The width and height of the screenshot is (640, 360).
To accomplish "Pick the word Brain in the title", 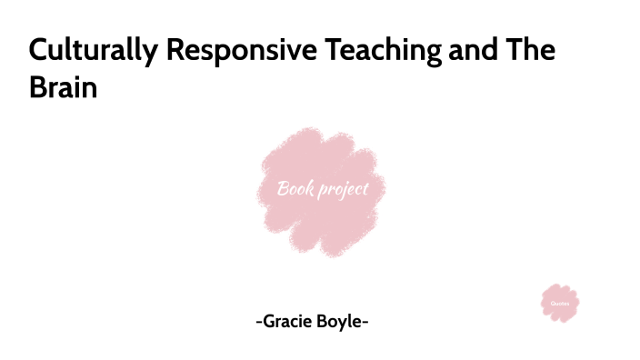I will coord(62,89).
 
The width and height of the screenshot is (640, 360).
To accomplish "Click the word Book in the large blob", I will coord(295,189).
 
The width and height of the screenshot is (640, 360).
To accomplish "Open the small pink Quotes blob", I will coord(560,303).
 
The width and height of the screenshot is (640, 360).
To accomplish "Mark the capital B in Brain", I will coord(37,89).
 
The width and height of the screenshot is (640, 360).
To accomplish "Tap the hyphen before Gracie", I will coord(259,322).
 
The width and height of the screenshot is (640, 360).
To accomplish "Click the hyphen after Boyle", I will coord(365,322).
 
